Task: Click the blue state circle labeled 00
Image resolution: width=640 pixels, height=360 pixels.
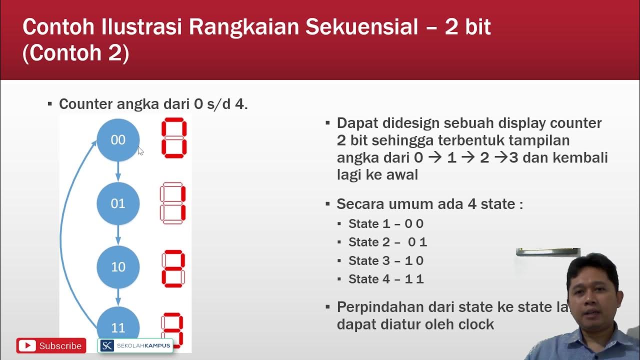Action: pos(118,140)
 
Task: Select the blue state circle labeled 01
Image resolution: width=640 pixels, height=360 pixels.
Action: pos(118,203)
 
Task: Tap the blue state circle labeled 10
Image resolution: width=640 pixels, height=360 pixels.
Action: pos(118,267)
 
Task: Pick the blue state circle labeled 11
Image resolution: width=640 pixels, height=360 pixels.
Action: pos(118,326)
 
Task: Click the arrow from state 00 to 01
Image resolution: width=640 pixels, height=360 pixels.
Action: pos(118,171)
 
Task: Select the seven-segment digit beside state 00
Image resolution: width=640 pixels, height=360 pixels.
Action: pos(174,138)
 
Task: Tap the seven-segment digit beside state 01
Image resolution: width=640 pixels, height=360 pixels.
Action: pos(173,203)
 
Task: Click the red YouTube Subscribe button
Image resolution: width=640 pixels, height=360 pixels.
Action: pos(51,345)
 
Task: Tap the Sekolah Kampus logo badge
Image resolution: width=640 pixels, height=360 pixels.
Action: pos(135,345)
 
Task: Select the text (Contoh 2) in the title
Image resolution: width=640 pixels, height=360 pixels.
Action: pos(76,53)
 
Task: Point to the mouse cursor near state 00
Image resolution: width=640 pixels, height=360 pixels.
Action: pos(140,151)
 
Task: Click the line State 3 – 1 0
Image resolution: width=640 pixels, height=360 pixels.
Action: pos(385,260)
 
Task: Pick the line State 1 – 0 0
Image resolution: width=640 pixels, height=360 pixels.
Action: pos(385,223)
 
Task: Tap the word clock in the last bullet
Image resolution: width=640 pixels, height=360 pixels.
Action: pos(476,324)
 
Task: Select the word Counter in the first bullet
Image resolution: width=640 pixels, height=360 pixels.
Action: pos(85,104)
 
